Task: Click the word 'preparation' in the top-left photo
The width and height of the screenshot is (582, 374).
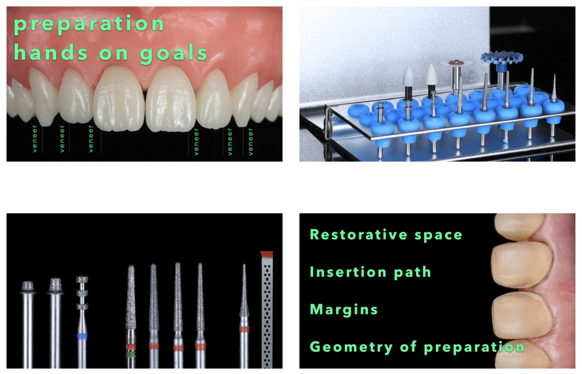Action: coord(89,25)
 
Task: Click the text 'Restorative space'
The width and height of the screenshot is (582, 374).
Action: coord(386,235)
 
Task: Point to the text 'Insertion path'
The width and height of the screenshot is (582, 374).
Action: coord(370,272)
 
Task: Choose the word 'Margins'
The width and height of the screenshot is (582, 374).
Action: coord(344,310)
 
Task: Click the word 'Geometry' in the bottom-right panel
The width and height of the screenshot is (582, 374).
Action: coord(351,348)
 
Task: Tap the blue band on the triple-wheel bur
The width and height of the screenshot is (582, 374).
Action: coord(82,337)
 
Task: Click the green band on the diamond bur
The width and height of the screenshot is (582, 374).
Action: coord(131,355)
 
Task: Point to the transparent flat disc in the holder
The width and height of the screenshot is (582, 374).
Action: coord(456,62)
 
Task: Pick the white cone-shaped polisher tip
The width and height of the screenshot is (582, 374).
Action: coord(432,74)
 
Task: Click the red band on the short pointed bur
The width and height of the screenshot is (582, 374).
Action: coord(244,330)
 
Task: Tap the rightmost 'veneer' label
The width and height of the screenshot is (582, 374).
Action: coord(251,142)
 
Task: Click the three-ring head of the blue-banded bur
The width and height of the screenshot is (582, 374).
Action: coord(82,293)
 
